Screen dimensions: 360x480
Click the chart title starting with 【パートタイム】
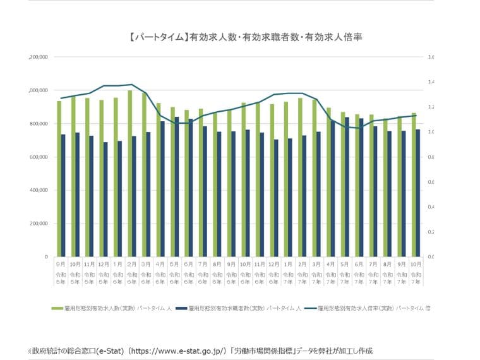point(245,37)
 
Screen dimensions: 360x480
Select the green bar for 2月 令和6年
point(129,174)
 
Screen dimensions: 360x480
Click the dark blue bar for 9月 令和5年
point(63,195)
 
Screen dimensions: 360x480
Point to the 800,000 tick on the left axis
point(39,124)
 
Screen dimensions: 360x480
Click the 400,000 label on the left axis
point(39,190)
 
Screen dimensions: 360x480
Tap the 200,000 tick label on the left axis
point(39,224)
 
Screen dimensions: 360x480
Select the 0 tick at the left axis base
point(45,257)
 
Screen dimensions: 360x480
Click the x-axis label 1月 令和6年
point(117,273)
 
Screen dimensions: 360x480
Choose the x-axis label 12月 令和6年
point(273,273)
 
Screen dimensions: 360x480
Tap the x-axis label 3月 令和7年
point(316,273)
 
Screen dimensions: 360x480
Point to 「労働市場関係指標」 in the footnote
point(265,349)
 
